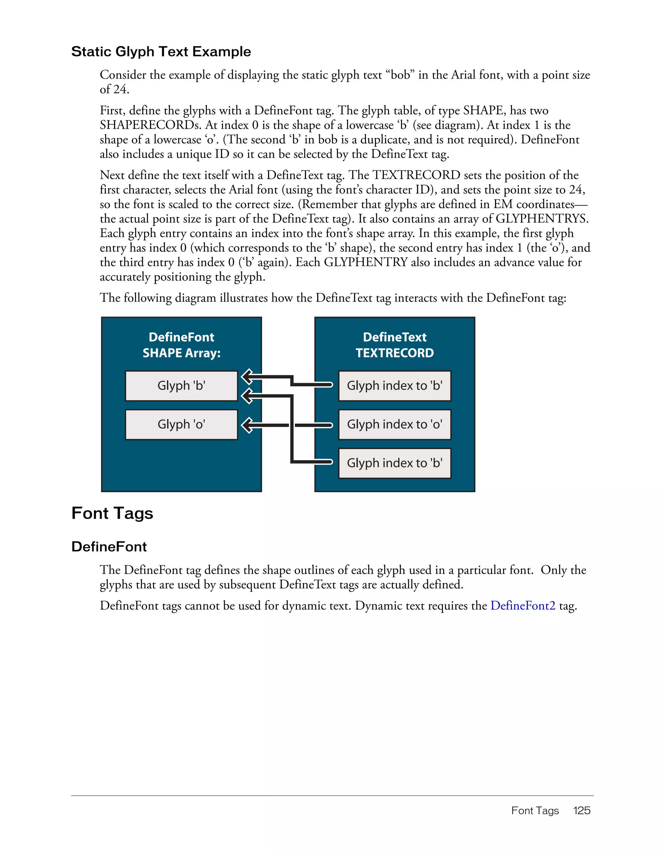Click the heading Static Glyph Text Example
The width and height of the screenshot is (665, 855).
(x=161, y=52)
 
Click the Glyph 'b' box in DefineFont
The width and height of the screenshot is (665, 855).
(x=181, y=386)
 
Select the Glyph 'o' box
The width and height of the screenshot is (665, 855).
(x=181, y=424)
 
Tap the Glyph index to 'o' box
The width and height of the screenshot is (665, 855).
(x=395, y=424)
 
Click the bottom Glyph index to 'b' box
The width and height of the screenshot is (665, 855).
(x=395, y=463)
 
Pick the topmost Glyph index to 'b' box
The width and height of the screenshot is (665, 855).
(x=395, y=386)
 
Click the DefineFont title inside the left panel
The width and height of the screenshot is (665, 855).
(x=181, y=337)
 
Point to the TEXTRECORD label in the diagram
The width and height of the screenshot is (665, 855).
(x=395, y=353)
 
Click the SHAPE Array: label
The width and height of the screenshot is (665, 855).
(x=181, y=353)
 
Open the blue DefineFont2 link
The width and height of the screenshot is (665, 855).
(x=522, y=606)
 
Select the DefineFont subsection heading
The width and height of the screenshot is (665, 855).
(x=109, y=547)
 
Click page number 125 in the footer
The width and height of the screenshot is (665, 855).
(x=582, y=811)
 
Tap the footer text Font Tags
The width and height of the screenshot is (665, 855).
(x=535, y=811)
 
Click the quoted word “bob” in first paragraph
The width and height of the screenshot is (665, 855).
(x=400, y=75)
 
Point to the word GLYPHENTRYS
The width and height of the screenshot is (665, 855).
(x=542, y=219)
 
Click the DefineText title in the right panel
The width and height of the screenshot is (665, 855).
(x=395, y=337)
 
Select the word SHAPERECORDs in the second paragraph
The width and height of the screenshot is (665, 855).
(x=151, y=125)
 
